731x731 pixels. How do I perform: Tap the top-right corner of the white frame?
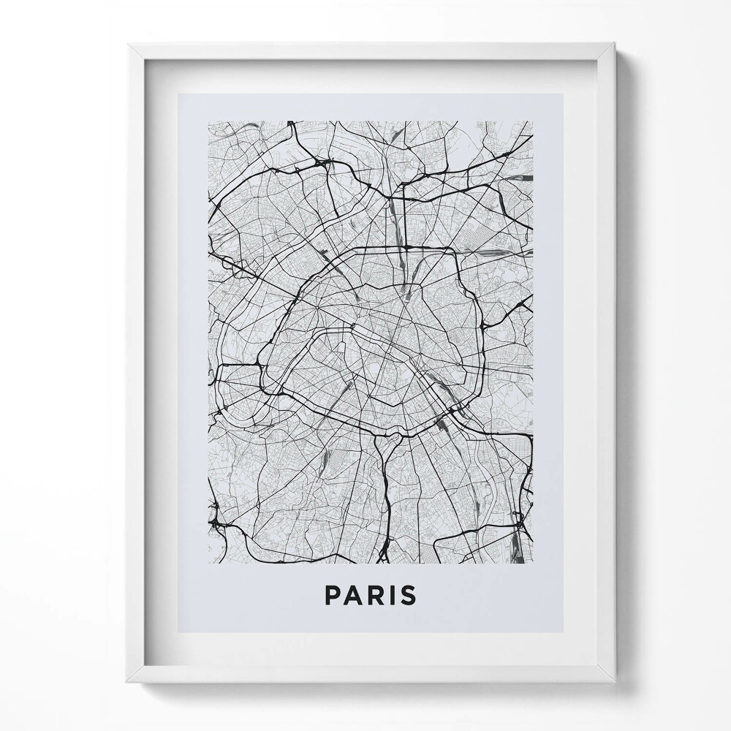coord(616,43)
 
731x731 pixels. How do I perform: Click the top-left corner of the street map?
coord(208,121)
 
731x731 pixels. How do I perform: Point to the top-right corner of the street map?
coord(533,121)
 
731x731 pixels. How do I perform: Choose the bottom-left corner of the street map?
coord(208,563)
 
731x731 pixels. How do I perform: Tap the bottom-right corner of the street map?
coord(533,563)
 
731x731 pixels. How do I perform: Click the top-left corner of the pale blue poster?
coord(178,94)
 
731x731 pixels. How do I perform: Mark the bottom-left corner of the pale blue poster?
coord(178,633)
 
